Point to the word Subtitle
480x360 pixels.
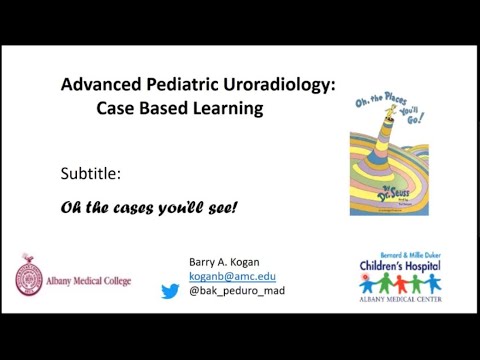pyautogui.click(x=91, y=174)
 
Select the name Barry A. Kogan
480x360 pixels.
pyautogui.click(x=222, y=262)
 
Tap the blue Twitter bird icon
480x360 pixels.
pyautogui.click(x=171, y=291)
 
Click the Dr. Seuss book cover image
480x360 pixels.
pyautogui.click(x=396, y=159)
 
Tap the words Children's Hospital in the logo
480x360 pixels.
pyautogui.click(x=411, y=265)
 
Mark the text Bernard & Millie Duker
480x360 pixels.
pyautogui.click(x=411, y=251)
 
